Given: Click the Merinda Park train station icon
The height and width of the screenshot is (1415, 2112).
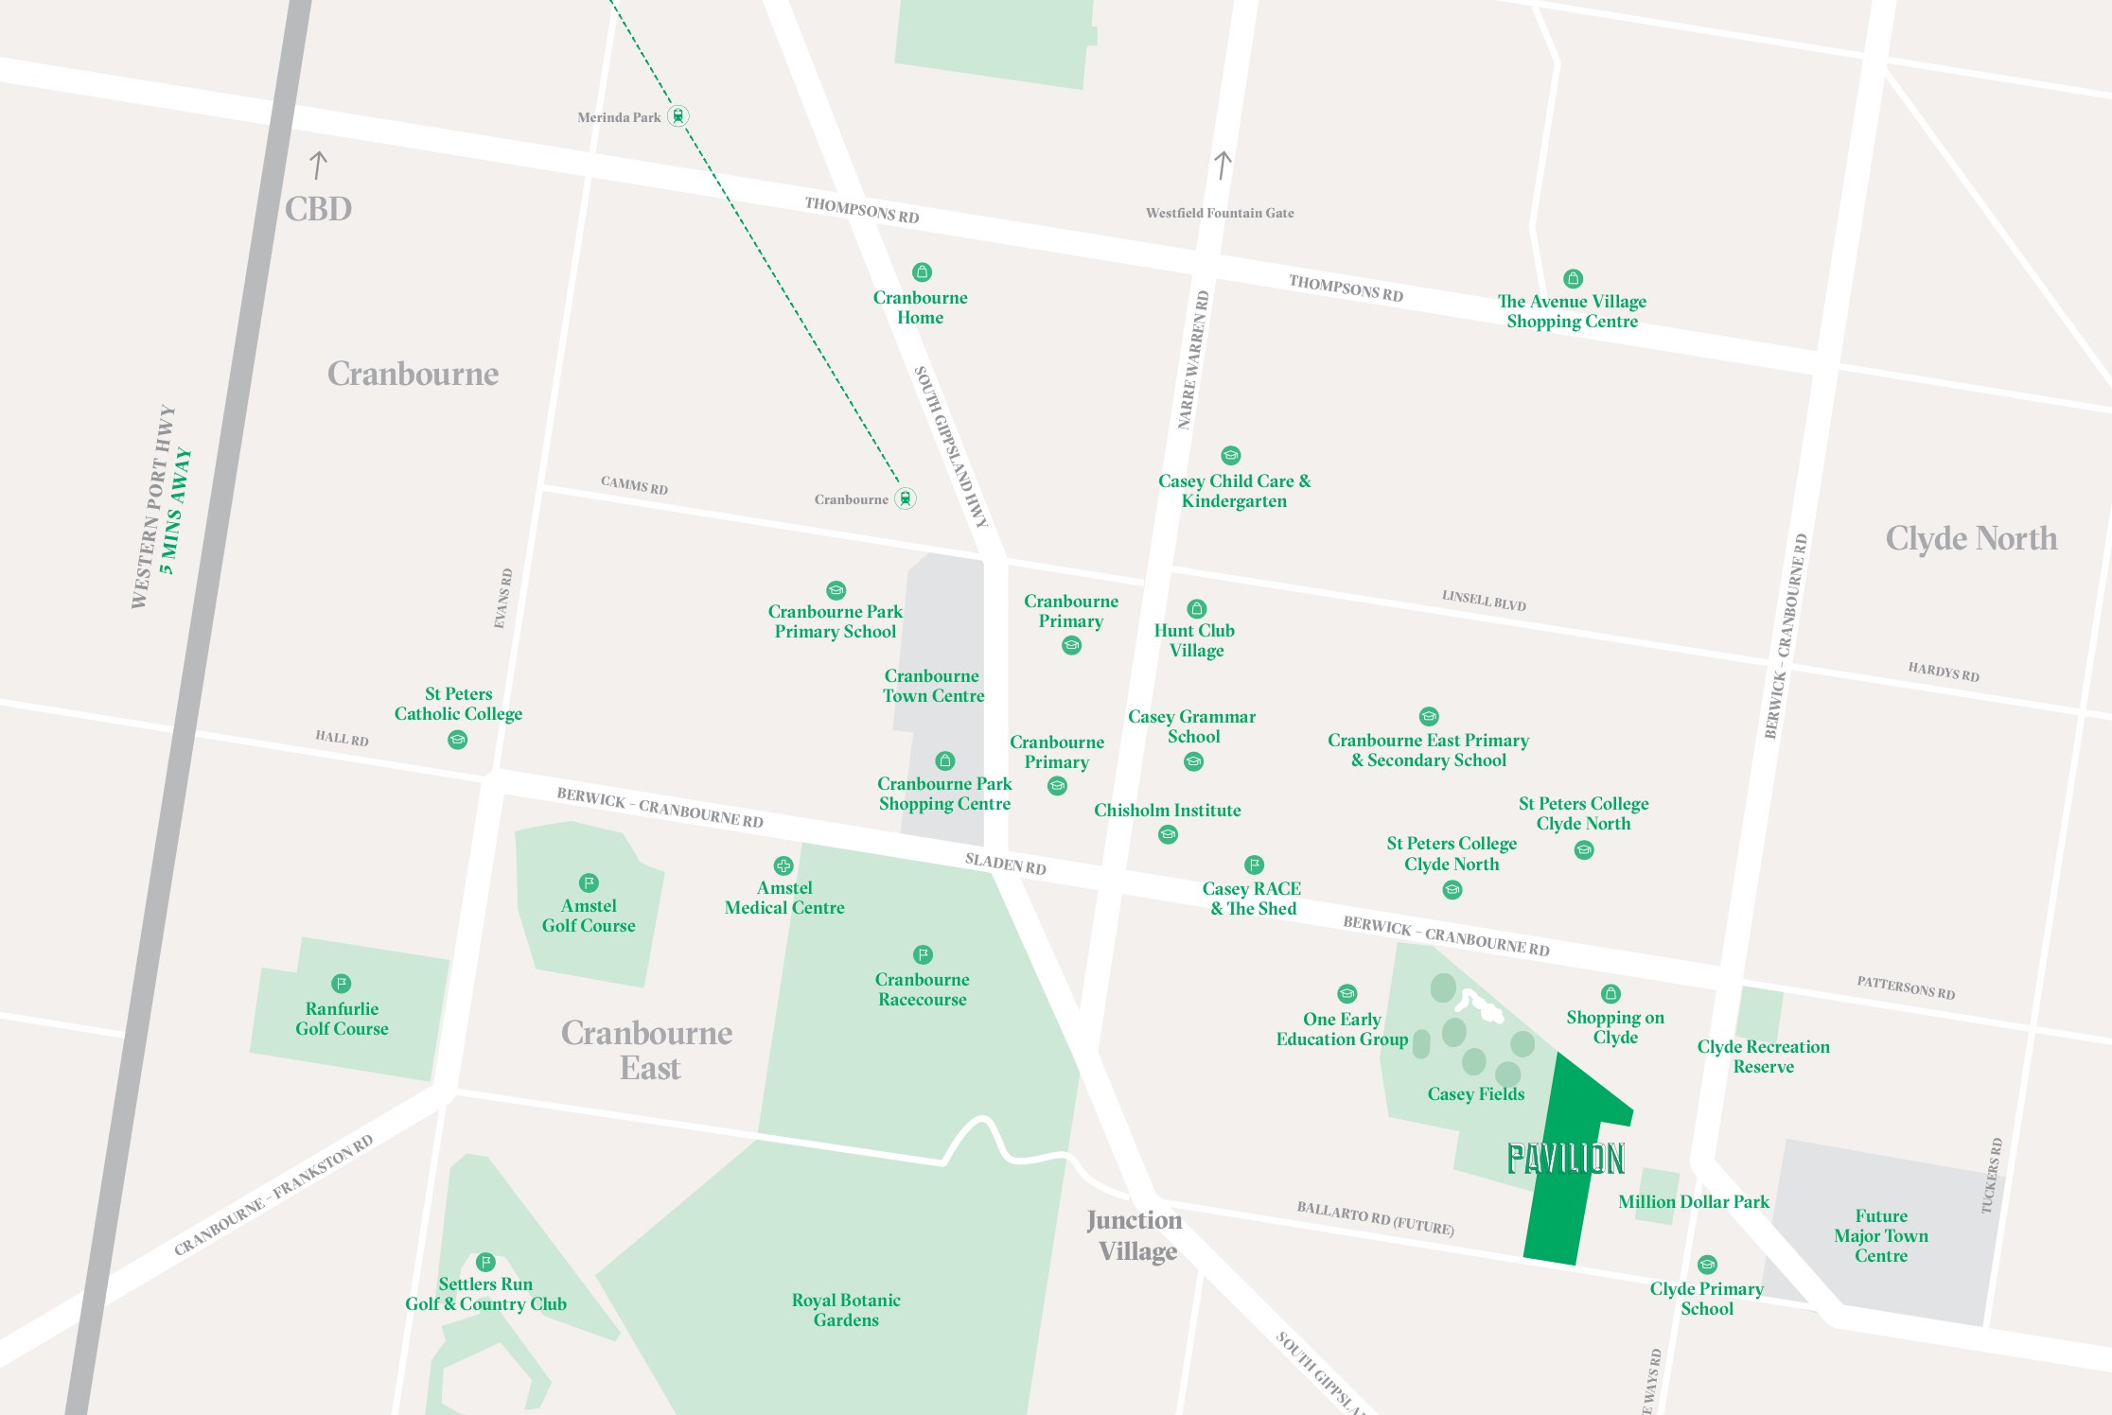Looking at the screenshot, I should coord(678,116).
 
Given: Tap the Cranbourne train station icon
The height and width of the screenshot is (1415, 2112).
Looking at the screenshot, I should coord(906,498).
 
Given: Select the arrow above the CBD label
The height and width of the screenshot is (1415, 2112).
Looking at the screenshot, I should coord(318,166).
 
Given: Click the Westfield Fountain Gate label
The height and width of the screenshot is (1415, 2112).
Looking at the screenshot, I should coord(1220,214).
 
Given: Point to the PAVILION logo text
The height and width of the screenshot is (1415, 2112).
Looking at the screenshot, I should coord(1565,1159).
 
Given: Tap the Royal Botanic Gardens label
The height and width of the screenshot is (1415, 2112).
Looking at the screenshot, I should coord(846,1310).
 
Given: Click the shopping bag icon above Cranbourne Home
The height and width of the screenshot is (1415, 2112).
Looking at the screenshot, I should coord(922,272).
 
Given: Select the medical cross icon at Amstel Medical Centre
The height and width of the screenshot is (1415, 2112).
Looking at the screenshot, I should coord(783,865).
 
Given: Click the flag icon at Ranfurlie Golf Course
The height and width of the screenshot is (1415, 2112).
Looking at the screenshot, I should coord(342,984).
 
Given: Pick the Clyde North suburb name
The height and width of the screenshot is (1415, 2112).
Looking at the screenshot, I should coord(1971,538).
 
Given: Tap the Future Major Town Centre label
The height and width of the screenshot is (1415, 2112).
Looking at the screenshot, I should coord(1880,1235).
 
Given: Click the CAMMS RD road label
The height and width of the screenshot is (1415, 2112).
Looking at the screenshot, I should coord(634,485).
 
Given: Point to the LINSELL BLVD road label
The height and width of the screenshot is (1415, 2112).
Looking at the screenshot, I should coord(1483,600).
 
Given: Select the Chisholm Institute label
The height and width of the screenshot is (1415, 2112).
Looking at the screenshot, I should coord(1167,811).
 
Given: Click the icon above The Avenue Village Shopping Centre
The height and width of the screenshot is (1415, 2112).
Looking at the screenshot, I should coord(1573,279).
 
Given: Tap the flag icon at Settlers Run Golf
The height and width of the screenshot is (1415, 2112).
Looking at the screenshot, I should coord(485,1262).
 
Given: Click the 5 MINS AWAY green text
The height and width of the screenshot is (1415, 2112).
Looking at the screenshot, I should coord(176,511).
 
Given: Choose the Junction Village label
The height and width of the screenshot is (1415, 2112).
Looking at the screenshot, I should coord(1135,1235).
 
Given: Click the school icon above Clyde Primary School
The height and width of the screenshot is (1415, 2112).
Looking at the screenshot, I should coord(1707,1265).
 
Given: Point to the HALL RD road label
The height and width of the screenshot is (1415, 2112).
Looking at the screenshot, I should coord(342,738).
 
